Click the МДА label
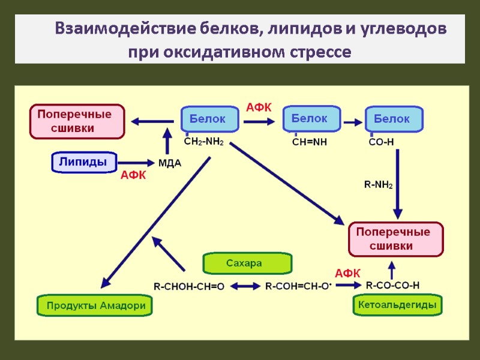169,163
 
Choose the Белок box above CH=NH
311,119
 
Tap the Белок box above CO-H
394,119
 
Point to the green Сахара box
247,263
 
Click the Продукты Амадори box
95,306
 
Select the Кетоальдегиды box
396,305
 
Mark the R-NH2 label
379,184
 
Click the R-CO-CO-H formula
392,285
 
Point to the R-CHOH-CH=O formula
189,287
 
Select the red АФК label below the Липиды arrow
133,175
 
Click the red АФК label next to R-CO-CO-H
347,273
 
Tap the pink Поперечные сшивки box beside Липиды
77,121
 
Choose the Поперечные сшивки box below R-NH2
395,239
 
